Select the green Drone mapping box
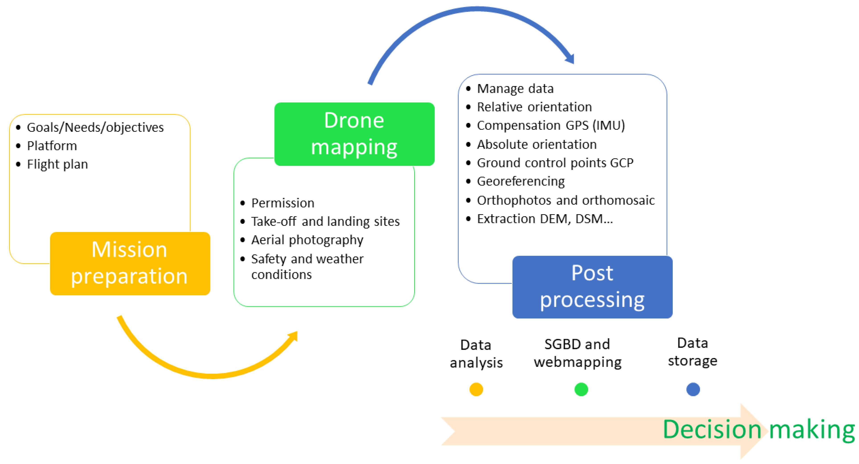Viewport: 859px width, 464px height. [354, 134]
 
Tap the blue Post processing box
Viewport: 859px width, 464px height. [592, 287]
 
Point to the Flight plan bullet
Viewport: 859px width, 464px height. [57, 164]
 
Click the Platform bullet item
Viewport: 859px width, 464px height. [52, 146]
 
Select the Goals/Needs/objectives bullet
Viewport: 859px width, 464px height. [95, 127]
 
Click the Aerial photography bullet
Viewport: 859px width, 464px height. [307, 240]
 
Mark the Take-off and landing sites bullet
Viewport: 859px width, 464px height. [325, 221]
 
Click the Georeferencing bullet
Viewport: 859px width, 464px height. [520, 181]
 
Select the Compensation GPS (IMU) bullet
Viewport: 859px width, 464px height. [551, 125]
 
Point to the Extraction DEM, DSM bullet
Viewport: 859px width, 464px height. [545, 219]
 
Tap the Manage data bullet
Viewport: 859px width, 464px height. [515, 89]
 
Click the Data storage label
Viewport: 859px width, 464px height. [693, 352]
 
